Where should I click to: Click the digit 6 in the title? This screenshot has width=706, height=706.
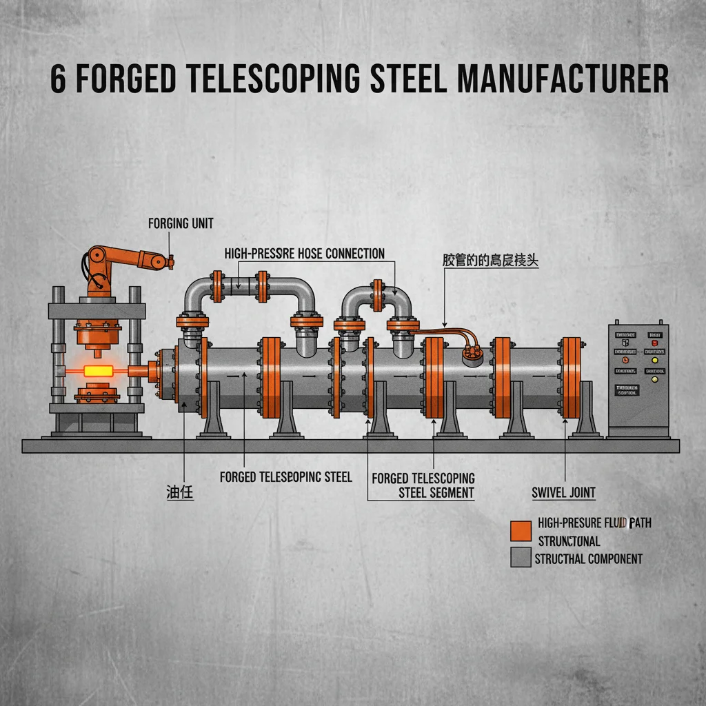pos(59,80)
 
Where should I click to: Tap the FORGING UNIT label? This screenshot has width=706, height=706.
pos(181,223)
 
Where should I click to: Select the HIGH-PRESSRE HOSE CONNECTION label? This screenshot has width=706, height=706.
pos(305,254)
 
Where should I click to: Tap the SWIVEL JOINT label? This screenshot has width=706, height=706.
pos(563,492)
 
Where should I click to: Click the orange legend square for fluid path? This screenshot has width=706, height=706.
pos(521,530)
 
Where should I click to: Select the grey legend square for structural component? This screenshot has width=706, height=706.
pos(521,557)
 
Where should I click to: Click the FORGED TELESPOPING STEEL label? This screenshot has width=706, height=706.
pos(285,477)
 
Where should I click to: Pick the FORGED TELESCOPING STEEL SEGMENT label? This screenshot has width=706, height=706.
pos(423,485)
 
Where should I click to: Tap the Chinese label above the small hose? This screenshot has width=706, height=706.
pos(490,261)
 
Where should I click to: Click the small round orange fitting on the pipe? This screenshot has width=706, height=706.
pos(471,352)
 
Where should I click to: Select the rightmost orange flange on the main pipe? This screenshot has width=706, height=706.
pos(571,378)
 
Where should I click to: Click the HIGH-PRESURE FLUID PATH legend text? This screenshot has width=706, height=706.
pos(594,523)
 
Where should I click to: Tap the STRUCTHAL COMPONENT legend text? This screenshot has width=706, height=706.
pos(588,558)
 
